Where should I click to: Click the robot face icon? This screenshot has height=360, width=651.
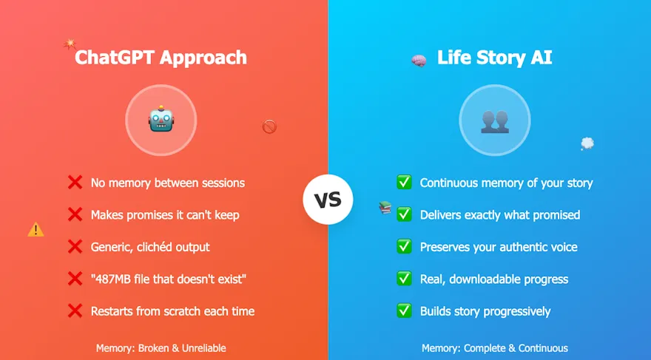point(161,120)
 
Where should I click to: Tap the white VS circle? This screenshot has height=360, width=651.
point(328,200)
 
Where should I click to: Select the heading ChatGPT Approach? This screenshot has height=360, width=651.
point(161,58)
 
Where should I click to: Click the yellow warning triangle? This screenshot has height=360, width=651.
point(36,230)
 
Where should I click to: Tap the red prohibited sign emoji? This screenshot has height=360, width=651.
point(269,127)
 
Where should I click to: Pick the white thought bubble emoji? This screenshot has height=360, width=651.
point(587,143)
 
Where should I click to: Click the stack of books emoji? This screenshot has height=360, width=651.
point(385,208)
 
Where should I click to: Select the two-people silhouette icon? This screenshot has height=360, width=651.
point(494,120)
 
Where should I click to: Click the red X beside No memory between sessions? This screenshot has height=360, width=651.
point(75,183)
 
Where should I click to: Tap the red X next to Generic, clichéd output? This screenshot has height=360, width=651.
point(75,247)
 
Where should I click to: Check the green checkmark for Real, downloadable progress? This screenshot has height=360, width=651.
point(404,279)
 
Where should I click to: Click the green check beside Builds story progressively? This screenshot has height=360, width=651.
point(404,311)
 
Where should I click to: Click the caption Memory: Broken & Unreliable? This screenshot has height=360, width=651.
point(161,348)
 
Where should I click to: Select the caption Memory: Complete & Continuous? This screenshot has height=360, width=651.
point(494,348)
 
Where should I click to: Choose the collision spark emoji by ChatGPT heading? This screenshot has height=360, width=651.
point(70,44)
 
